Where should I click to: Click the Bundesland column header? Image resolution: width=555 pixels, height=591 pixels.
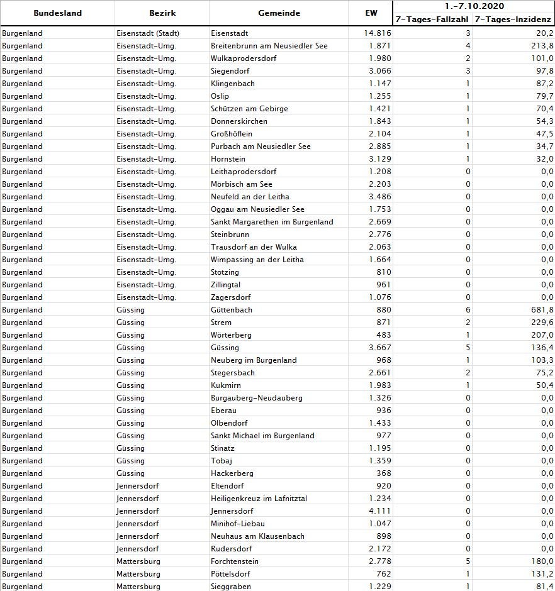57,13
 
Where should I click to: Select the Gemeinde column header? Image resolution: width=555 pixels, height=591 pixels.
279,13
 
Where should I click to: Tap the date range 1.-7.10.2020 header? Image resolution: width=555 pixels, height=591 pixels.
473,6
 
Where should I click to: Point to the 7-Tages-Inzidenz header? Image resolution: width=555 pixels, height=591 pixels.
513,19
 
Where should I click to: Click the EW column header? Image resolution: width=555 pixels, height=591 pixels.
371,13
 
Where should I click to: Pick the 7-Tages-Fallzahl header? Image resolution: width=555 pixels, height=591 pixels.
432,19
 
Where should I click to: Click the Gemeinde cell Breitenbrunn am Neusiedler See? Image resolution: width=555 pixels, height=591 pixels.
269,46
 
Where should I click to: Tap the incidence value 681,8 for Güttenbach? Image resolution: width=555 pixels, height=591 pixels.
542,310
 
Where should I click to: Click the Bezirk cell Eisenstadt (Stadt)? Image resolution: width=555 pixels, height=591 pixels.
148,33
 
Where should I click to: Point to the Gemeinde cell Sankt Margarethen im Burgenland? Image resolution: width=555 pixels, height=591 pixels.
272,222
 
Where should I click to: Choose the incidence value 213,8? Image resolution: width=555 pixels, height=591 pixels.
542,46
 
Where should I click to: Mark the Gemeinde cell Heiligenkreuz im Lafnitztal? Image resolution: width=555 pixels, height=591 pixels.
259,499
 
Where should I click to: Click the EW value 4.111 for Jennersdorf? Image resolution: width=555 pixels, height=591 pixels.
380,511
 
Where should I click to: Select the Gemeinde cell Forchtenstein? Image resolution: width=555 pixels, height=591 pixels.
235,561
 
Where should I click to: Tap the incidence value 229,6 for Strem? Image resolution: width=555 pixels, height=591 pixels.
542,323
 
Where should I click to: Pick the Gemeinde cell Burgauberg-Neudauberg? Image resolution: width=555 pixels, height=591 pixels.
257,398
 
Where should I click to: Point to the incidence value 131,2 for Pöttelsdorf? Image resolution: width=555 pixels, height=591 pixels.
542,574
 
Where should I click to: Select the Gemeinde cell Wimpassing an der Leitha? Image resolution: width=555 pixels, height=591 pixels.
257,260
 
